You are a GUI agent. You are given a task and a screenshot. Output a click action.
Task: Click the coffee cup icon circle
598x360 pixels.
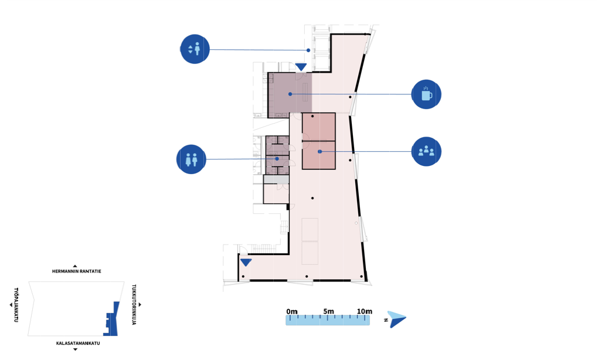(426, 94)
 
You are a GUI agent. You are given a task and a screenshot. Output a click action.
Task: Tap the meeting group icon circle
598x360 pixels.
(426, 151)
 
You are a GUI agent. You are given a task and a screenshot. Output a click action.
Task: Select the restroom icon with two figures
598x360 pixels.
(191, 159)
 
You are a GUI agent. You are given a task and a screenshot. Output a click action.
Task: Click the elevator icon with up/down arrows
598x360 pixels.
(195, 49)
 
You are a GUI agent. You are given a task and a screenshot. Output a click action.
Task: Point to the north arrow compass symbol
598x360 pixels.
(397, 319)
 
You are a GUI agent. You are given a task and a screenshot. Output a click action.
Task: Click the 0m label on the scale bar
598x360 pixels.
(292, 311)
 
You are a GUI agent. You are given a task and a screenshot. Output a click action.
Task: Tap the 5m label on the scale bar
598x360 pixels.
(328, 311)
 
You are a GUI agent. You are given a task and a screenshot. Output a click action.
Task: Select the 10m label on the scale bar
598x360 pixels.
(365, 311)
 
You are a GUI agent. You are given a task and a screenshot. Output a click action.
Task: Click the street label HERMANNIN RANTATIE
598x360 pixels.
(77, 271)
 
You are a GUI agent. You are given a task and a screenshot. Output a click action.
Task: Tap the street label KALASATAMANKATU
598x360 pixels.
(78, 343)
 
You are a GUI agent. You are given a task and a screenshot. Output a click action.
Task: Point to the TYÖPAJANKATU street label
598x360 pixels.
(16, 305)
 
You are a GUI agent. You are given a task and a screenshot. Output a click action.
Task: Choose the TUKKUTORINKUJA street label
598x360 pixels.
(134, 304)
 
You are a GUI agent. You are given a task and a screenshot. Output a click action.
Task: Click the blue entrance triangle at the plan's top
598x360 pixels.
(301, 67)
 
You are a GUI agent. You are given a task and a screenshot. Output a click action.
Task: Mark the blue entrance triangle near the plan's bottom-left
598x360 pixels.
(246, 262)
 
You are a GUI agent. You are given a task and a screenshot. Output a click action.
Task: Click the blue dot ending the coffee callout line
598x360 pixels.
(290, 94)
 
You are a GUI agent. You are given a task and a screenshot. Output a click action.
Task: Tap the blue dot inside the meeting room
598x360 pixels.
(320, 151)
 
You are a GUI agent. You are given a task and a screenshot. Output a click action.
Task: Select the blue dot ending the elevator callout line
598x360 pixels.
(308, 50)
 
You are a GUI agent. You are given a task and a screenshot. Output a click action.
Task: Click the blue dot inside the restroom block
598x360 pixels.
(277, 159)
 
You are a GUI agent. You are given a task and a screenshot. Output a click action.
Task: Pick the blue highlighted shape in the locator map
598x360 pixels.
(111, 319)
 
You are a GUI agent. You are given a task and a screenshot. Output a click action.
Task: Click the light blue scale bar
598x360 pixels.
(328, 320)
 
